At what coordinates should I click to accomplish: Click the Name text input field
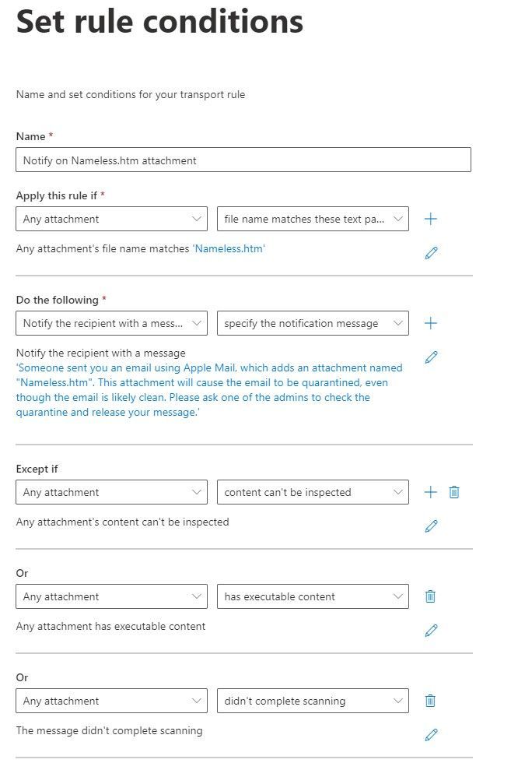point(243,160)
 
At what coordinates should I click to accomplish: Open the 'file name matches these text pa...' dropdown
point(313,219)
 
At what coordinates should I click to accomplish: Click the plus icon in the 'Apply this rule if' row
point(430,219)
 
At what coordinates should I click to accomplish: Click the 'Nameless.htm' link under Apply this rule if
point(229,249)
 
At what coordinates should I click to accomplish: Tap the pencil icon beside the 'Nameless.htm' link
point(431,252)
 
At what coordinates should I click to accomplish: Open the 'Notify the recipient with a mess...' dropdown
point(111,323)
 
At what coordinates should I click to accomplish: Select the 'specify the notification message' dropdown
point(313,323)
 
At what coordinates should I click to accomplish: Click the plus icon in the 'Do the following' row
point(430,323)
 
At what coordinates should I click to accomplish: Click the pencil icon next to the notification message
point(431,357)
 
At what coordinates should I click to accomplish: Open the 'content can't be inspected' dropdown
point(313,492)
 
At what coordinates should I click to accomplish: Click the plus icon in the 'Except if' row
point(430,492)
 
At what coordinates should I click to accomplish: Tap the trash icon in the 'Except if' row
point(454,492)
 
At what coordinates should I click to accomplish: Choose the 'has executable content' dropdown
point(313,596)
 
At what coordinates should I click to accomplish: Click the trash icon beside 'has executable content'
point(430,596)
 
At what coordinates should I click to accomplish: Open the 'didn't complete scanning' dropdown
point(313,701)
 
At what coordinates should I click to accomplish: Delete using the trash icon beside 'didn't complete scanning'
point(430,701)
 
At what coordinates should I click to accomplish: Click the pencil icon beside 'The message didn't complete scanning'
point(431,734)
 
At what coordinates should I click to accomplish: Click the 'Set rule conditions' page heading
point(159,21)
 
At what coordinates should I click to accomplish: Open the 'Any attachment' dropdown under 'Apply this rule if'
point(111,219)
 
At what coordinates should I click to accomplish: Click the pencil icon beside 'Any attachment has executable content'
point(431,630)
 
